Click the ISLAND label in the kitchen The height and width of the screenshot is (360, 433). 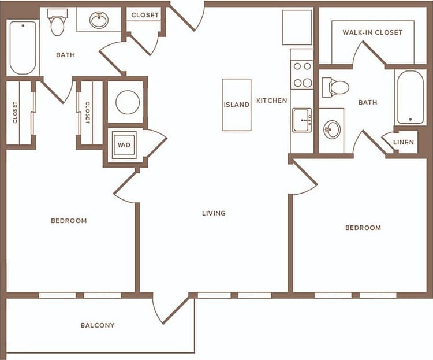[x=237, y=105]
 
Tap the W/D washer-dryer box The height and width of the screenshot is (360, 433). [x=124, y=145]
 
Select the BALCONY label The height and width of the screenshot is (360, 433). [x=98, y=325]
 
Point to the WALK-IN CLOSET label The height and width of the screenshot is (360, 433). [x=372, y=32]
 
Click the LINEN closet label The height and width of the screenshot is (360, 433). [x=404, y=142]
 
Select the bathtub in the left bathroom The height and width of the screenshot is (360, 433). [x=23, y=47]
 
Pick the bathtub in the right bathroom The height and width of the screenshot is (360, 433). [x=410, y=97]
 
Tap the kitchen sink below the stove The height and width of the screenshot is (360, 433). [x=302, y=120]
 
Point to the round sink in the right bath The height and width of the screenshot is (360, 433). [x=332, y=129]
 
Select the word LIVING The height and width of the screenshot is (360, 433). [x=214, y=213]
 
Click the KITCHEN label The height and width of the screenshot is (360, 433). [x=272, y=101]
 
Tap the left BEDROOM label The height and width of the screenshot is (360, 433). [x=69, y=221]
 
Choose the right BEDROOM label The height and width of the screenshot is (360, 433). [x=363, y=228]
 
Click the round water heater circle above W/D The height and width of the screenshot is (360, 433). [x=127, y=103]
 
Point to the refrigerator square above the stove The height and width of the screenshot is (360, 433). [x=297, y=27]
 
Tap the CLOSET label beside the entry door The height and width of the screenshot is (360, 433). [x=145, y=16]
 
